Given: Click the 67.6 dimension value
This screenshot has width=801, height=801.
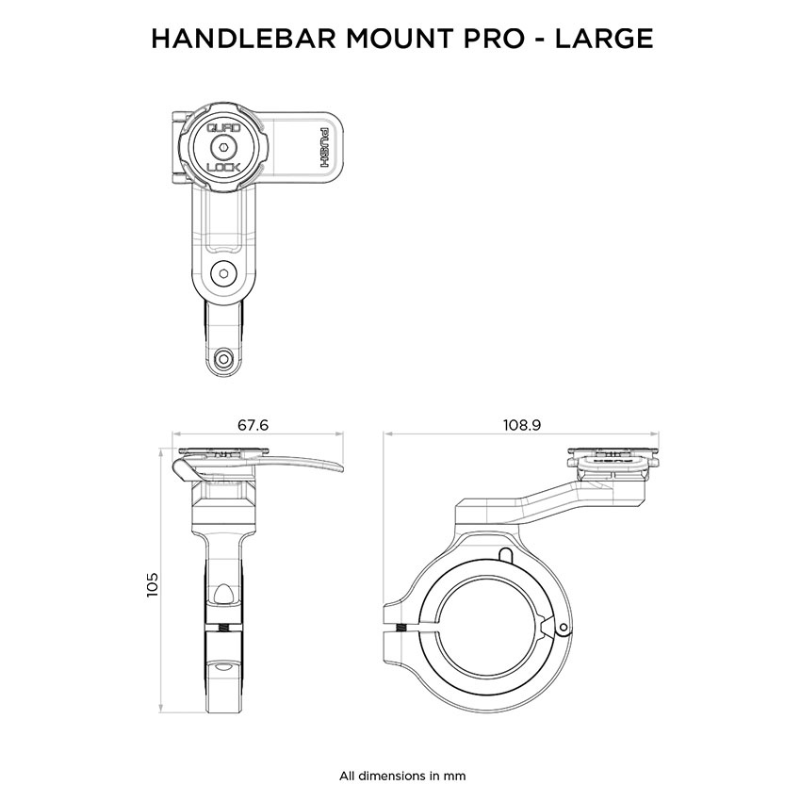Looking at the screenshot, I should pos(253,425).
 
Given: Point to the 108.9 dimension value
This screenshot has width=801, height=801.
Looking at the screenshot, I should pos(522,425).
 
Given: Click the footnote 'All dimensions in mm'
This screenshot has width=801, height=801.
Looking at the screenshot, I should pos(402,776).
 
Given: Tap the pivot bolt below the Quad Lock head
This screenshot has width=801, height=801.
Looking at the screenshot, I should pos(223,273).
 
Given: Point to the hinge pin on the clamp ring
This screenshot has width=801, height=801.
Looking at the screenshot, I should pos(563,629).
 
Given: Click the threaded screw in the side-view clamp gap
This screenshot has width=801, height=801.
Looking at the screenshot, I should pos(401,629).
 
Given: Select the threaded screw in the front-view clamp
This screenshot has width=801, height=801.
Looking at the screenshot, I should pos(223,629).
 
